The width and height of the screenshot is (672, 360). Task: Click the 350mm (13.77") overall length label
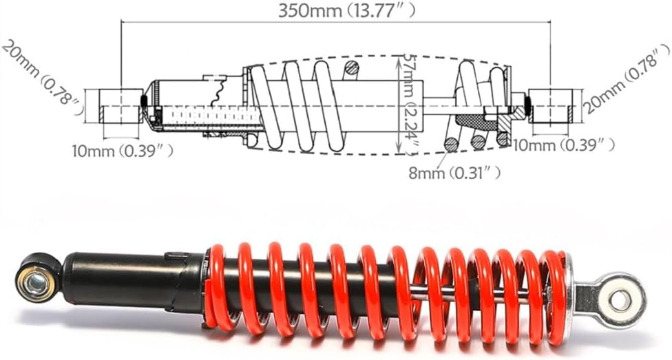347,11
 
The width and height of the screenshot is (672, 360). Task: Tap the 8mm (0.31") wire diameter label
454,173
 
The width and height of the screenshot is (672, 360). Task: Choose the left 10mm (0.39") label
123,151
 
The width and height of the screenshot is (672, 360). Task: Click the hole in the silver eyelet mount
620,300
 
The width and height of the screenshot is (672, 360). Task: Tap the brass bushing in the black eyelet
36,282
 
